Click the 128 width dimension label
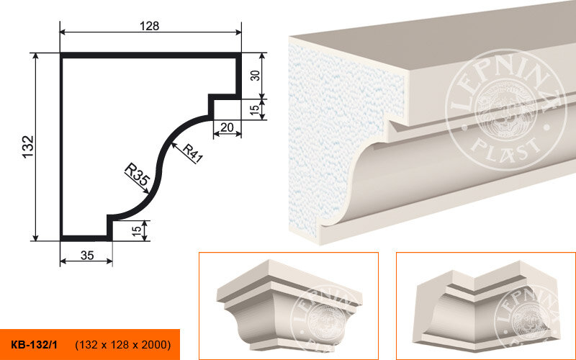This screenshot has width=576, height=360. pos(150,26)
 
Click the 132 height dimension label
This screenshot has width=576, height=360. pos(28,147)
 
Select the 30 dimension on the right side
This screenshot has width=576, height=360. pos(256,76)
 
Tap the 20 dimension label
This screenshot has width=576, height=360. pos(227,127)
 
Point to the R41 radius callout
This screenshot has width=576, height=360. pos(192,153)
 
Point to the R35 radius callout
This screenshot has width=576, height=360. pos(138,174)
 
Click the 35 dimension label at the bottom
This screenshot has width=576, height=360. pos(87,255)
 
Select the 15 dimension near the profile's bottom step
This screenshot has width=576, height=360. pos(136,230)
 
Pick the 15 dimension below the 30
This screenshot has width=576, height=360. pos(255,109)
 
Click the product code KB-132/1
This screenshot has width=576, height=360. pos(34,345)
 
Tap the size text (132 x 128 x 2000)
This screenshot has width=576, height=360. pos(123,345)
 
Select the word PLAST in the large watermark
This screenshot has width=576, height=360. pos(506,150)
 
